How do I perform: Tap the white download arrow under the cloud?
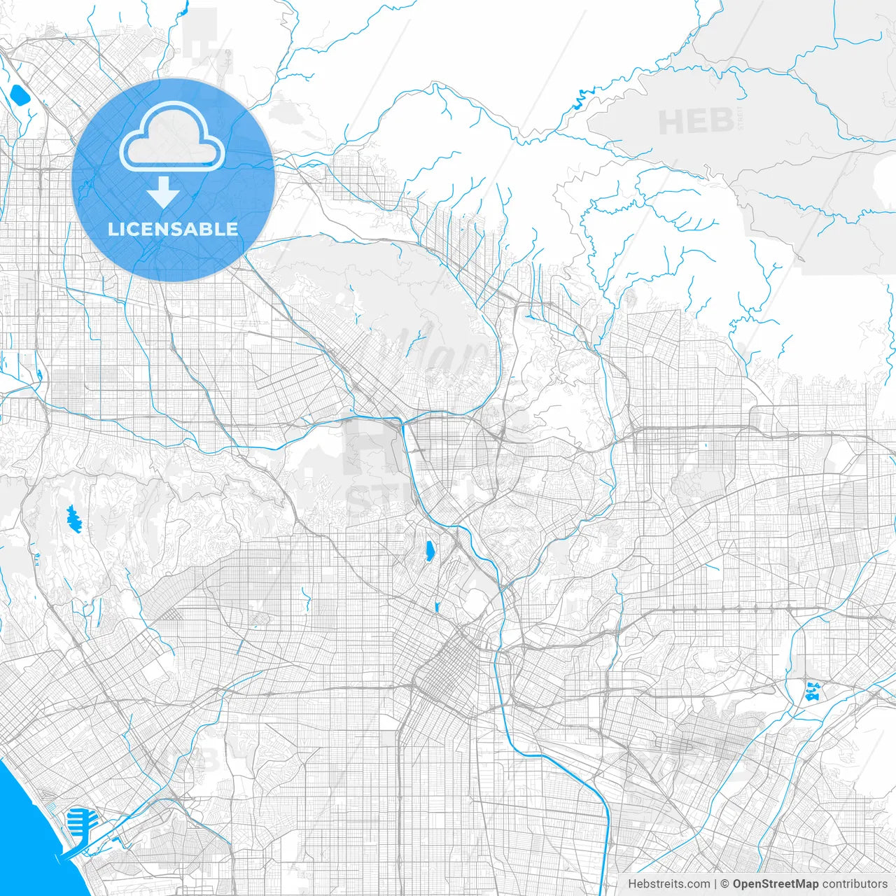164,192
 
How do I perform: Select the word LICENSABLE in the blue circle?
173,229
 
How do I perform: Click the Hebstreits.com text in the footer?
668,884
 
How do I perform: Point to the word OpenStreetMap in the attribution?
775,884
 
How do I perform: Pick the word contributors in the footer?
855,884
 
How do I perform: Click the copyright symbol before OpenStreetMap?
724,884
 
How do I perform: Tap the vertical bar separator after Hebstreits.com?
715,884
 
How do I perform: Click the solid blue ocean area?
28,826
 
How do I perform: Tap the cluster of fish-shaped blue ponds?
813,690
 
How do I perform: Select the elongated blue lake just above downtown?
428,551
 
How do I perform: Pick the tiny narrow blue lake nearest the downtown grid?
436,606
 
